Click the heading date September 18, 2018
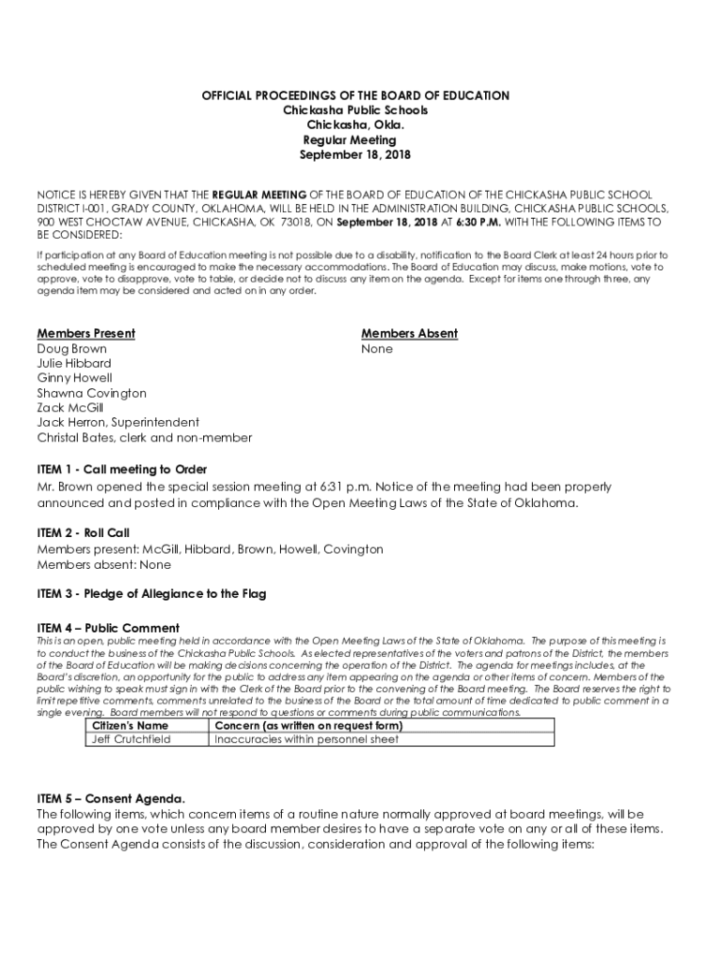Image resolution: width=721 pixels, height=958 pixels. [355, 155]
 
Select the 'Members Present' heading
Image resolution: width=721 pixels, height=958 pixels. [86, 334]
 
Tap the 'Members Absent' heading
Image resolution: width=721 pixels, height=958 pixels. [409, 334]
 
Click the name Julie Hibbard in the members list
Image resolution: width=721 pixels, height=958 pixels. [74, 363]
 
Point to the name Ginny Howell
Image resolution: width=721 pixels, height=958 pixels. [75, 378]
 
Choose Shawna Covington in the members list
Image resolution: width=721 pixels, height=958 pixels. [92, 393]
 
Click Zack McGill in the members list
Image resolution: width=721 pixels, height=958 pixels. [70, 408]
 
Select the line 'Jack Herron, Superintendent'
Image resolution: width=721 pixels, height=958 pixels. [118, 423]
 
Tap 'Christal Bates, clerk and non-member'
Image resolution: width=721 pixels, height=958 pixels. [144, 438]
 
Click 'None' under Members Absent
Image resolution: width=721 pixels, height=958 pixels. [377, 349]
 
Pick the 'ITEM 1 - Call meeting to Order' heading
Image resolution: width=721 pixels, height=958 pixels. [122, 469]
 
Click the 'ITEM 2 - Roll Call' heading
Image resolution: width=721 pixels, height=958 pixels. [83, 533]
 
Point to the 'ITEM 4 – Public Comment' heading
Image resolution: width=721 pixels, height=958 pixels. [108, 628]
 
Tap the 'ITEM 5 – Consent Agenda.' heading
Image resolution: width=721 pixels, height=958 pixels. [110, 799]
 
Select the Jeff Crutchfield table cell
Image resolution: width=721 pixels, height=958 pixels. [131, 739]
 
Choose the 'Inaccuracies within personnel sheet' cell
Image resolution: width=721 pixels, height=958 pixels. [306, 739]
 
